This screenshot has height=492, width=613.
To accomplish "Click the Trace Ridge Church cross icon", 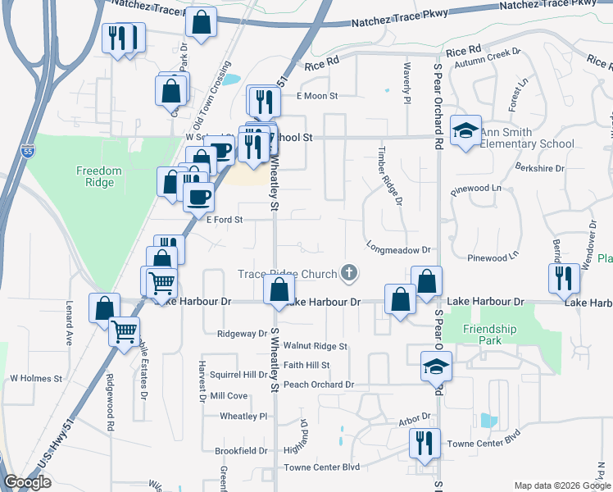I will pyautogui.click(x=350, y=273).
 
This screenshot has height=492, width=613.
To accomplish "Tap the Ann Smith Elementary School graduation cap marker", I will pyautogui.click(x=466, y=131).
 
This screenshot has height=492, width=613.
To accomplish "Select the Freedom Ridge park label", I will pyautogui.click(x=99, y=176).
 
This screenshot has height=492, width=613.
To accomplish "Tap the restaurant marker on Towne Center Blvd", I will pyautogui.click(x=425, y=444).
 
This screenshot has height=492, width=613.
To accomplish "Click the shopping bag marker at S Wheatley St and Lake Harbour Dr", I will pyautogui.click(x=279, y=290).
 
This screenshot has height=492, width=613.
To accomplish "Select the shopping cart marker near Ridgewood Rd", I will pyautogui.click(x=124, y=332).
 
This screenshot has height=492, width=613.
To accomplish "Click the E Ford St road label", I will pyautogui.click(x=225, y=220).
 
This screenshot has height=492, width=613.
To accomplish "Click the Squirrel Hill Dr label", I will pyautogui.click(x=238, y=375).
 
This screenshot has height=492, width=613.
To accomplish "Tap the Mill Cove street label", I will pyautogui.click(x=229, y=395).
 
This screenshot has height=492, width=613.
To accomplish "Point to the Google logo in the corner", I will pyautogui.click(x=27, y=482).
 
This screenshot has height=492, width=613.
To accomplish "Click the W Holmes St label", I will pyautogui.click(x=36, y=379).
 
